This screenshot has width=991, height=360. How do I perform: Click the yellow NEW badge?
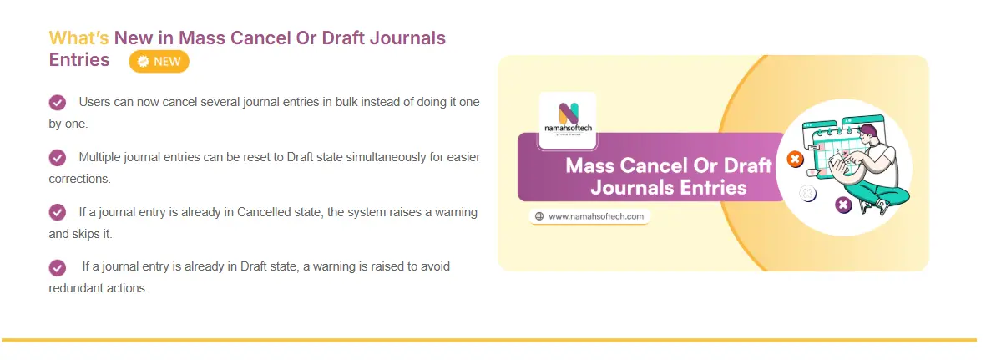159,61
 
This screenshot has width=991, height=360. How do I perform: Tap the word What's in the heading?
79,38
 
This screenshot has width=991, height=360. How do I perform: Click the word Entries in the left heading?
79,60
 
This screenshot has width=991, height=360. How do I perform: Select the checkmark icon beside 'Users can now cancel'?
58,103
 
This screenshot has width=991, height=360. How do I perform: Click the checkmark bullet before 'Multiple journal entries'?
58,158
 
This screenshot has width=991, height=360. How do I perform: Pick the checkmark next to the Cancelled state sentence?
58,213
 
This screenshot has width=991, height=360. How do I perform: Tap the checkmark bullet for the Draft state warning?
58,267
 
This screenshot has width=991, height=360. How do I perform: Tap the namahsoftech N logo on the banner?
568,114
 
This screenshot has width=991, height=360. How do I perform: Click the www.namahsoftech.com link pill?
589,216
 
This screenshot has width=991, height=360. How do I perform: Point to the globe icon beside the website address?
539,216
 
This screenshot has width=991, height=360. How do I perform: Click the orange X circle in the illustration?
795,159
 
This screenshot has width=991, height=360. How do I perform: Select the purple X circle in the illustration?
843,205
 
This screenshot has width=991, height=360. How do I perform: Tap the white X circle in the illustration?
807,193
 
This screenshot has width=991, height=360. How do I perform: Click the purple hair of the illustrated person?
868,130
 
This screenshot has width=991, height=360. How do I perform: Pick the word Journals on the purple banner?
633,188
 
